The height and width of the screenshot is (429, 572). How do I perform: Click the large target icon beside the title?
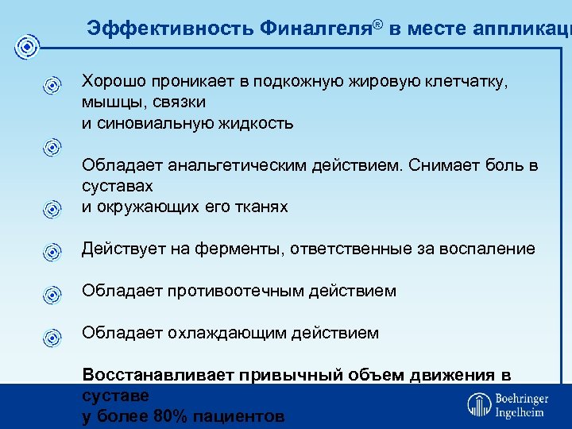[28, 48]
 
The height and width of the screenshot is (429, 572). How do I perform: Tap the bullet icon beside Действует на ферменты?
[52, 252]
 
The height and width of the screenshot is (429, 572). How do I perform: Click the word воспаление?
[495, 249]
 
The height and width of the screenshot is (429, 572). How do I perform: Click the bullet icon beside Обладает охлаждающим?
[52, 336]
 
